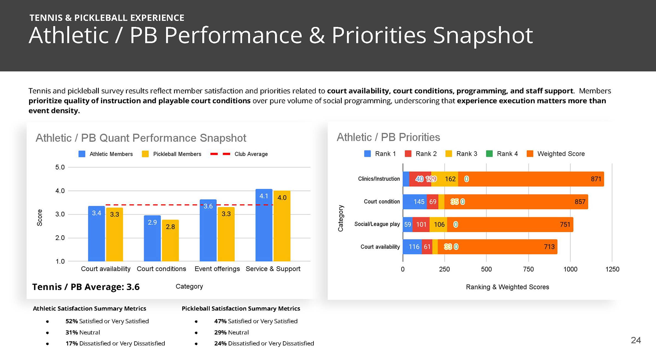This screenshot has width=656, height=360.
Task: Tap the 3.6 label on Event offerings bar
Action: (x=208, y=206)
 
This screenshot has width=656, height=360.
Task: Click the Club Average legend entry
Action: (x=240, y=154)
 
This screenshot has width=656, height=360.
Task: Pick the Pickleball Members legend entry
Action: (x=172, y=154)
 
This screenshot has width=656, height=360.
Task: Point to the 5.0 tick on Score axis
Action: (x=60, y=167)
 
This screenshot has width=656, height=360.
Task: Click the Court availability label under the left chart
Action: (x=106, y=269)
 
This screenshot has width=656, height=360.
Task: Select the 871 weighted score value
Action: (x=596, y=179)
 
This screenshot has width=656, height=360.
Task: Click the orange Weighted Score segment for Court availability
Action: (x=497, y=247)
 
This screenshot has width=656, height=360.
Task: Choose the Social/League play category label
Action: (x=377, y=224)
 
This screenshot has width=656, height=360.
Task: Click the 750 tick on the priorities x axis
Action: (x=528, y=269)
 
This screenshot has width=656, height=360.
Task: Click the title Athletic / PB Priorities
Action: (x=388, y=137)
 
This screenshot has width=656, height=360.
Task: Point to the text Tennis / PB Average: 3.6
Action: (x=86, y=287)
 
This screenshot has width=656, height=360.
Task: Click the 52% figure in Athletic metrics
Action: (x=71, y=321)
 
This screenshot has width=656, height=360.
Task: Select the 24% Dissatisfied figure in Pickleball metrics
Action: (x=220, y=343)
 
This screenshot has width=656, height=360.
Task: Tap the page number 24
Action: (x=636, y=340)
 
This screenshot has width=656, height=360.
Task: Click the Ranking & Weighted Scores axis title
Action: (x=507, y=287)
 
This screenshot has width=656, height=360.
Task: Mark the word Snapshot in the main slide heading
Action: (x=482, y=35)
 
